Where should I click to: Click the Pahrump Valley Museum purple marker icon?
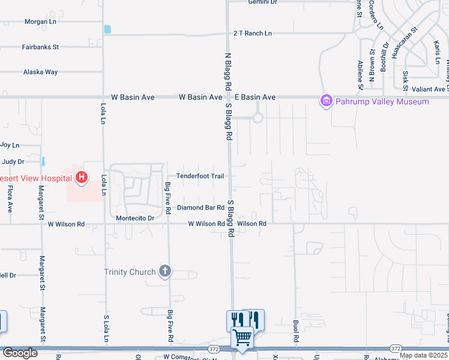point(327,101)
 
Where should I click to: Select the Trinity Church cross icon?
point(165,272)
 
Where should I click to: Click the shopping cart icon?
point(243,337)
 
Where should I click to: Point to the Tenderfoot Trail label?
point(200,176)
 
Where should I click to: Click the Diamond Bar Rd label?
point(200,208)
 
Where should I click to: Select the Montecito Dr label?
point(135,218)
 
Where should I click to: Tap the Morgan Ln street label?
point(40,22)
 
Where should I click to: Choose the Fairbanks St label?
point(40,46)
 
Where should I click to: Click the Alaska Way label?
point(40,72)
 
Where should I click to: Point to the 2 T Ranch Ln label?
point(252,34)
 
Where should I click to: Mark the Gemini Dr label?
point(263,2)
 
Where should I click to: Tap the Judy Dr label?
point(13,161)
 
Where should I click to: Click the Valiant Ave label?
point(429,89)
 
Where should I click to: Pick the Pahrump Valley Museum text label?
point(382,101)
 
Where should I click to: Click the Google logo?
point(20,353)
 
